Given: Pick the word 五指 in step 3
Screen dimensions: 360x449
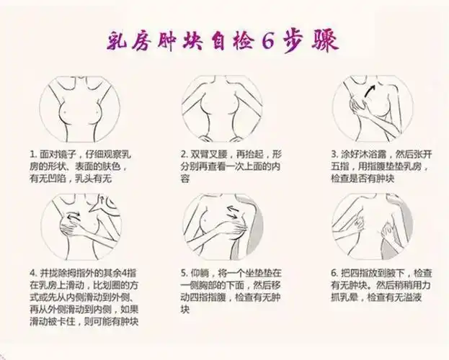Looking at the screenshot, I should [x=340, y=166].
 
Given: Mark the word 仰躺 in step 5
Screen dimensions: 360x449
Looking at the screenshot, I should [x=200, y=274].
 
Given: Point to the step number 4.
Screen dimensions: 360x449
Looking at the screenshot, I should [x=32, y=274].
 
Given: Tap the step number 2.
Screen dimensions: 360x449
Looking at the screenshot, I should [x=184, y=154].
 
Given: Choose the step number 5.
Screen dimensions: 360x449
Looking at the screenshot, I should [x=184, y=274].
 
